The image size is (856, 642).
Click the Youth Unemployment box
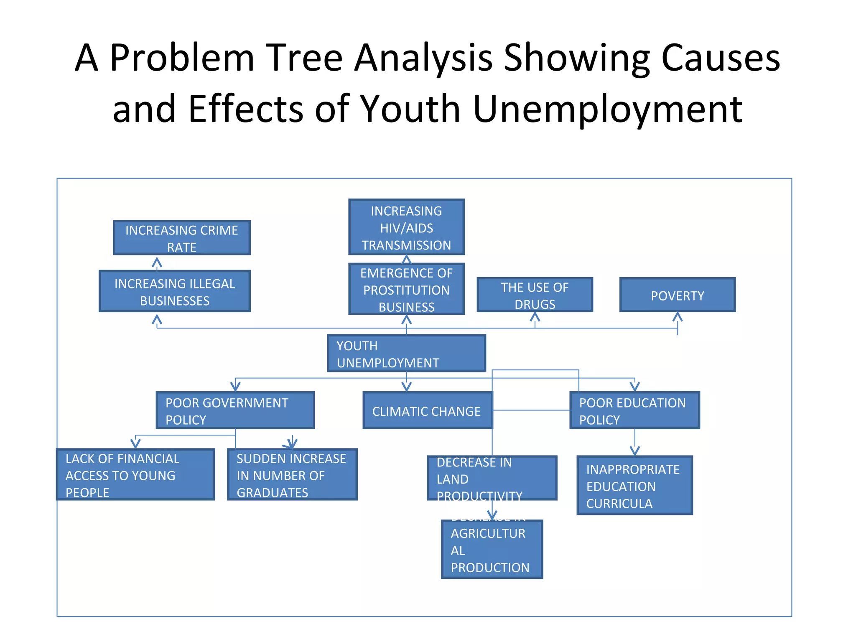pyautogui.click(x=406, y=354)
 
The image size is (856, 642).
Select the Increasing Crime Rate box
pyautogui.click(x=181, y=238)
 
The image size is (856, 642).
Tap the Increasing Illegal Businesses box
pyautogui.click(x=175, y=291)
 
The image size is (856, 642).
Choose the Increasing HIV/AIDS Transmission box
pyautogui.click(x=406, y=227)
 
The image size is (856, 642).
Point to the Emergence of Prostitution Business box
pyautogui.click(x=406, y=289)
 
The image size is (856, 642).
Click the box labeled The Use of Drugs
pyautogui.click(x=535, y=295)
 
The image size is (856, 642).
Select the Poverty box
pyautogui.click(x=677, y=295)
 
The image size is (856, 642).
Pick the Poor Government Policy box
pyautogui.click(x=235, y=410)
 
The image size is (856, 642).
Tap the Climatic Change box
pyautogui.click(x=427, y=410)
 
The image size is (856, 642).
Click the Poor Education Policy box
pyautogui.click(x=634, y=410)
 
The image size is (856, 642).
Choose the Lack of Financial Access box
pyautogui.click(x=135, y=475)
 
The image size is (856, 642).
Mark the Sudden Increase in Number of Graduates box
pyautogui.click(x=292, y=475)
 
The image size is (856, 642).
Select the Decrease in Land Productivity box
pyautogui.click(x=492, y=478)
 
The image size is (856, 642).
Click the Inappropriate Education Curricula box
pyautogui.click(x=634, y=486)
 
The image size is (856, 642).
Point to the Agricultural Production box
pyautogui.click(x=492, y=550)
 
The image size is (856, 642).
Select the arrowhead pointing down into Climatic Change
pyautogui.click(x=406, y=387)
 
